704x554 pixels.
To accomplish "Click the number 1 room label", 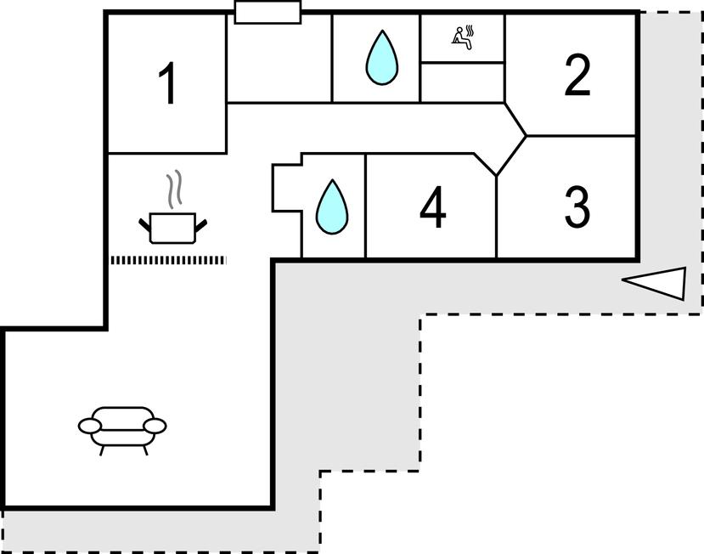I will pos(169,84).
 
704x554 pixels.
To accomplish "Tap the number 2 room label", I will pos(577,76).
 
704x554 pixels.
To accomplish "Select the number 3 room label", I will pos(577,206).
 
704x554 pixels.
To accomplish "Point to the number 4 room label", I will pos(433,208).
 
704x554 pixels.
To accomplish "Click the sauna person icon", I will pos(463,36).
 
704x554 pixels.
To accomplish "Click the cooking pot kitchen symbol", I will pos(172,227).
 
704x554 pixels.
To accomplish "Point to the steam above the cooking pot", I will pos(173,189).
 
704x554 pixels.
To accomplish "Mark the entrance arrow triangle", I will pos(656,282).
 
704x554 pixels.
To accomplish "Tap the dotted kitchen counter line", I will pos(168,260).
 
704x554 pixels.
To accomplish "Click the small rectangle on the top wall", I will pos(268,12).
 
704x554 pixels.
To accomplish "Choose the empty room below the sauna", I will pos(463,82).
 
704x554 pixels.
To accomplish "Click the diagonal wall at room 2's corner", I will pos(516,120).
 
